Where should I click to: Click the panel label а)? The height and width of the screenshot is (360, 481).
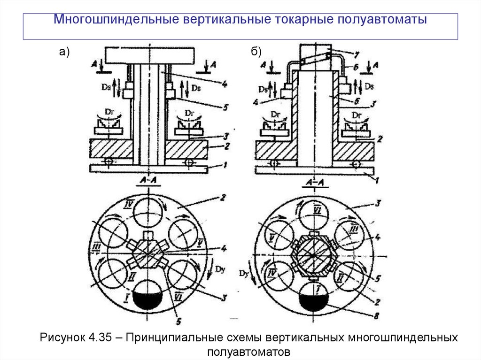click(x=64, y=52)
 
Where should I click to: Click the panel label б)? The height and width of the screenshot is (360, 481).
click(x=256, y=52)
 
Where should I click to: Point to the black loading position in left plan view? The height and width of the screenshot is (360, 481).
click(x=147, y=300)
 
